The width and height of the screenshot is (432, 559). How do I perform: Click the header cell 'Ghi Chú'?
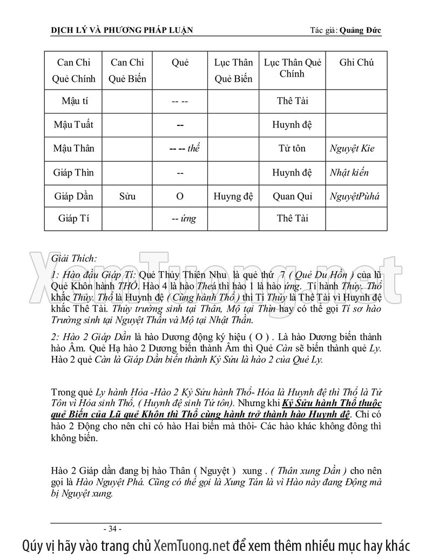(x=356, y=62)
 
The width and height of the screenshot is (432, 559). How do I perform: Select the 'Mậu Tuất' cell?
(x=73, y=125)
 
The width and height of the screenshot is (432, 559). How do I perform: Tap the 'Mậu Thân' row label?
(x=73, y=149)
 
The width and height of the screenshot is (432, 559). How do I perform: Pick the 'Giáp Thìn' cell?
(x=73, y=172)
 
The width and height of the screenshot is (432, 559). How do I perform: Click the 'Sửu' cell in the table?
(x=127, y=196)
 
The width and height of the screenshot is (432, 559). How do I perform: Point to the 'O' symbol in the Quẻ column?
(x=180, y=196)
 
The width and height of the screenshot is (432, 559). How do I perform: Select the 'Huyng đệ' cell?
(x=233, y=196)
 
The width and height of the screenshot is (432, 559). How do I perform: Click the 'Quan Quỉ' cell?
(x=292, y=196)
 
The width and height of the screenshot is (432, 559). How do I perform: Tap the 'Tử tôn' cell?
(x=292, y=149)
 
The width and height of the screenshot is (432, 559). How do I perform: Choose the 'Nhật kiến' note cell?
(x=349, y=172)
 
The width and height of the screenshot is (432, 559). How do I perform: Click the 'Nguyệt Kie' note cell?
(x=352, y=149)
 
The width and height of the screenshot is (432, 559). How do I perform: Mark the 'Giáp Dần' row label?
(x=73, y=196)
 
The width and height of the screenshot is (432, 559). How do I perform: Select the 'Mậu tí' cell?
(x=73, y=101)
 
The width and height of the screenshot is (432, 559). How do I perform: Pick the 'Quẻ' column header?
(x=180, y=62)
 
